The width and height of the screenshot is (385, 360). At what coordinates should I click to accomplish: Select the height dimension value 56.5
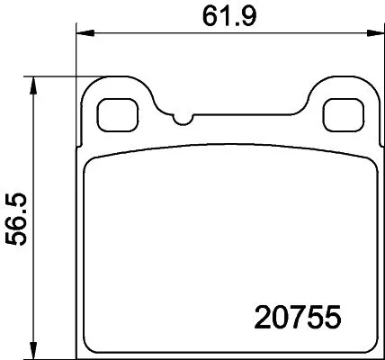15,216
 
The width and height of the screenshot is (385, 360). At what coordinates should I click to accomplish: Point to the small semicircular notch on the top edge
184,120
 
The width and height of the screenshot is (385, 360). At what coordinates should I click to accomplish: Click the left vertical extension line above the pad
76,54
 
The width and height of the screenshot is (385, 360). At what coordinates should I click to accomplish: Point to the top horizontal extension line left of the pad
54,76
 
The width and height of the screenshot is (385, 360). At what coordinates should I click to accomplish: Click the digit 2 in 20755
255,318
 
